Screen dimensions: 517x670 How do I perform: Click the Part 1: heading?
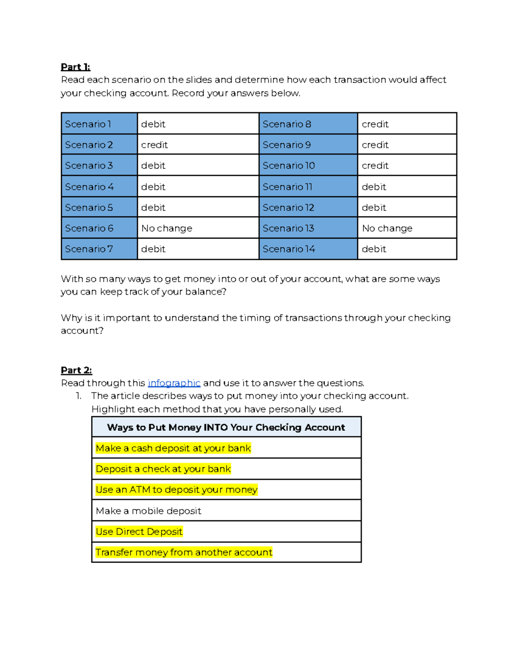[x=75, y=67]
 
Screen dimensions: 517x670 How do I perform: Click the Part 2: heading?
[x=76, y=370]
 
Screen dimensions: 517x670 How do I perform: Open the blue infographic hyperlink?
[x=174, y=383]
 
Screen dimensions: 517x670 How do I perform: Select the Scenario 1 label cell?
[x=99, y=124]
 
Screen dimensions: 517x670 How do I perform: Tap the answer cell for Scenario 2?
[x=197, y=145]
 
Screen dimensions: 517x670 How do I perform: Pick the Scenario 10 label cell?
[x=308, y=166]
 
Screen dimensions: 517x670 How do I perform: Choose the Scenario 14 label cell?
[x=308, y=249]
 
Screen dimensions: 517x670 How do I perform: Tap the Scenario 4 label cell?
[x=99, y=187]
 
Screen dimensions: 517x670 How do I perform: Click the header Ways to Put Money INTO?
[x=226, y=428]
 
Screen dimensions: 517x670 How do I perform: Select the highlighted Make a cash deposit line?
[x=173, y=448]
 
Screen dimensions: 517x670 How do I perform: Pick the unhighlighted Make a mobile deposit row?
[x=149, y=511]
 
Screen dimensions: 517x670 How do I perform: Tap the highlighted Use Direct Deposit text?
[x=139, y=532]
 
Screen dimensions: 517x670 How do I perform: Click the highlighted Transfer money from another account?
[x=184, y=552]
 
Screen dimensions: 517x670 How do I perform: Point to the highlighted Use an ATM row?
[x=177, y=490]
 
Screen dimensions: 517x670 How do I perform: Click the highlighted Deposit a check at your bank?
[x=163, y=469]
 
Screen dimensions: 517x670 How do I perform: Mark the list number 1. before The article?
[x=78, y=396]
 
